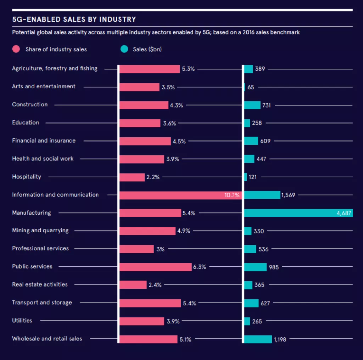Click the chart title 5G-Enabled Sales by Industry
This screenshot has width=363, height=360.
click(74, 19)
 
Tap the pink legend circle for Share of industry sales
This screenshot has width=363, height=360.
click(16, 49)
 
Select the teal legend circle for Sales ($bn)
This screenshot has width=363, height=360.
click(124, 49)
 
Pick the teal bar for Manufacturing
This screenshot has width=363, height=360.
click(298, 213)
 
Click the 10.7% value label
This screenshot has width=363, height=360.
click(232, 195)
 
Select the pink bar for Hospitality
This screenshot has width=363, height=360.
click(132, 177)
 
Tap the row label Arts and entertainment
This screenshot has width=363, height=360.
click(44, 87)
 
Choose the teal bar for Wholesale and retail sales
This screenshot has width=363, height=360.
click(258, 339)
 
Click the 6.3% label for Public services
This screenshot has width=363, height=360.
click(200, 267)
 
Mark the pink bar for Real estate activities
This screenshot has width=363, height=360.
click(133, 285)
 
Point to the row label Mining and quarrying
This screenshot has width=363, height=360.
click(40, 231)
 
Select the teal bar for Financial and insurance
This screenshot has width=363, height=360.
click(251, 141)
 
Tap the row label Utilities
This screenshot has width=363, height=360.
click(22, 321)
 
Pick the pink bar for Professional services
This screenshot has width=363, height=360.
click(136, 249)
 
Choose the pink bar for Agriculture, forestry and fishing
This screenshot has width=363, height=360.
click(150, 69)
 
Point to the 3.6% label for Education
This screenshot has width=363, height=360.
click(169, 123)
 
